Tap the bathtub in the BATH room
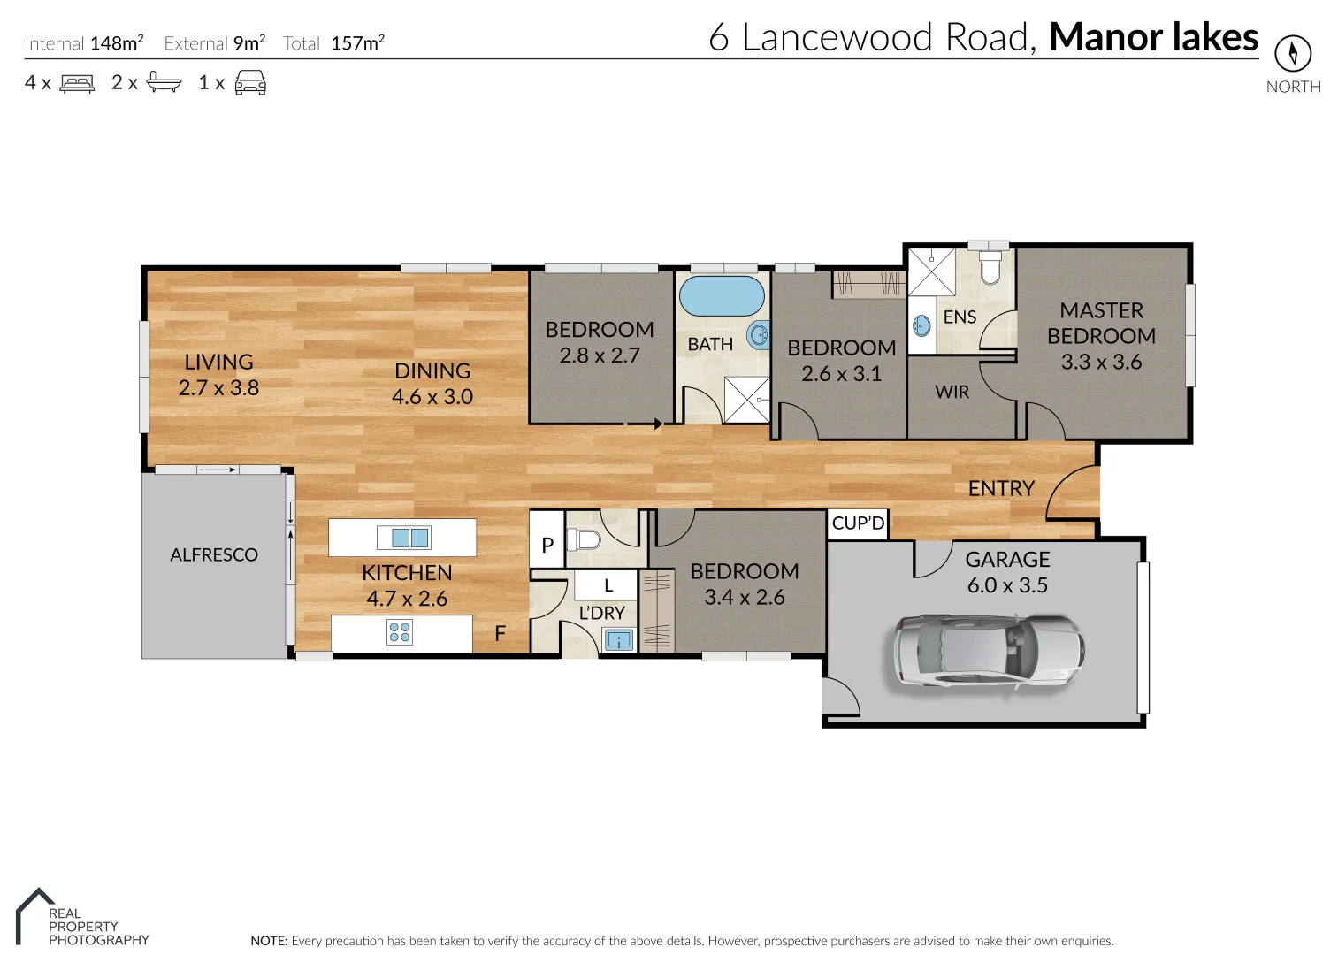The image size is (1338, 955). tap(722, 297)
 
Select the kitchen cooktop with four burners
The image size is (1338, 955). tap(400, 631)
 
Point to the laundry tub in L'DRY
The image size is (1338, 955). tap(618, 639)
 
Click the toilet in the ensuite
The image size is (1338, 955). tap(990, 268)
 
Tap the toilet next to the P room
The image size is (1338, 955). tap(584, 539)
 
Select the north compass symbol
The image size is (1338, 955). tap(1292, 54)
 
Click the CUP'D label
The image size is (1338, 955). tap(858, 523)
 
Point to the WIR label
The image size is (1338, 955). tap(952, 392)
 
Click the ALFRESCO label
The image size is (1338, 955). tap(214, 554)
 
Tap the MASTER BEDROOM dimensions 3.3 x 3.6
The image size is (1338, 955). tap(1101, 362)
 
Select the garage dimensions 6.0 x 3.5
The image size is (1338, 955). tap(1007, 585)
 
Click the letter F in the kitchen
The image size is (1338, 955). tap(500, 633)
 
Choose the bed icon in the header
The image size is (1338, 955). tap(77, 83)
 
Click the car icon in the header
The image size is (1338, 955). tap(250, 83)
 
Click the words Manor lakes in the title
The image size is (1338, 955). tap(1153, 37)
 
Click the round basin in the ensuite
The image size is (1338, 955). tap(921, 325)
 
